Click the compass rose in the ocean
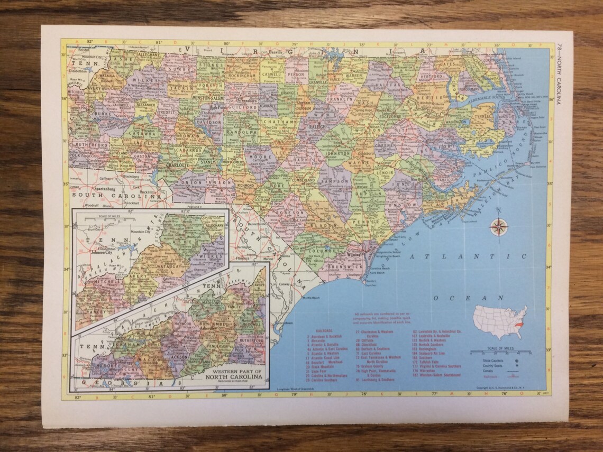[x=499, y=227]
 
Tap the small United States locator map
[x=500, y=322]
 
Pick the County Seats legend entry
[x=492, y=366]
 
